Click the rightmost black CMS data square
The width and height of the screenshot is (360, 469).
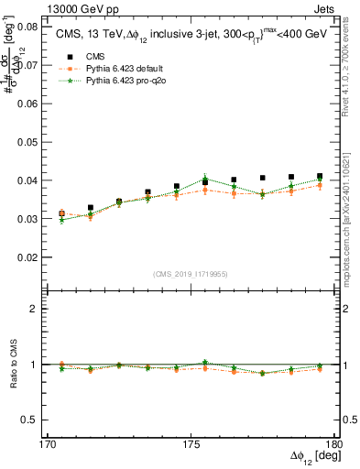coord(320,176)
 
